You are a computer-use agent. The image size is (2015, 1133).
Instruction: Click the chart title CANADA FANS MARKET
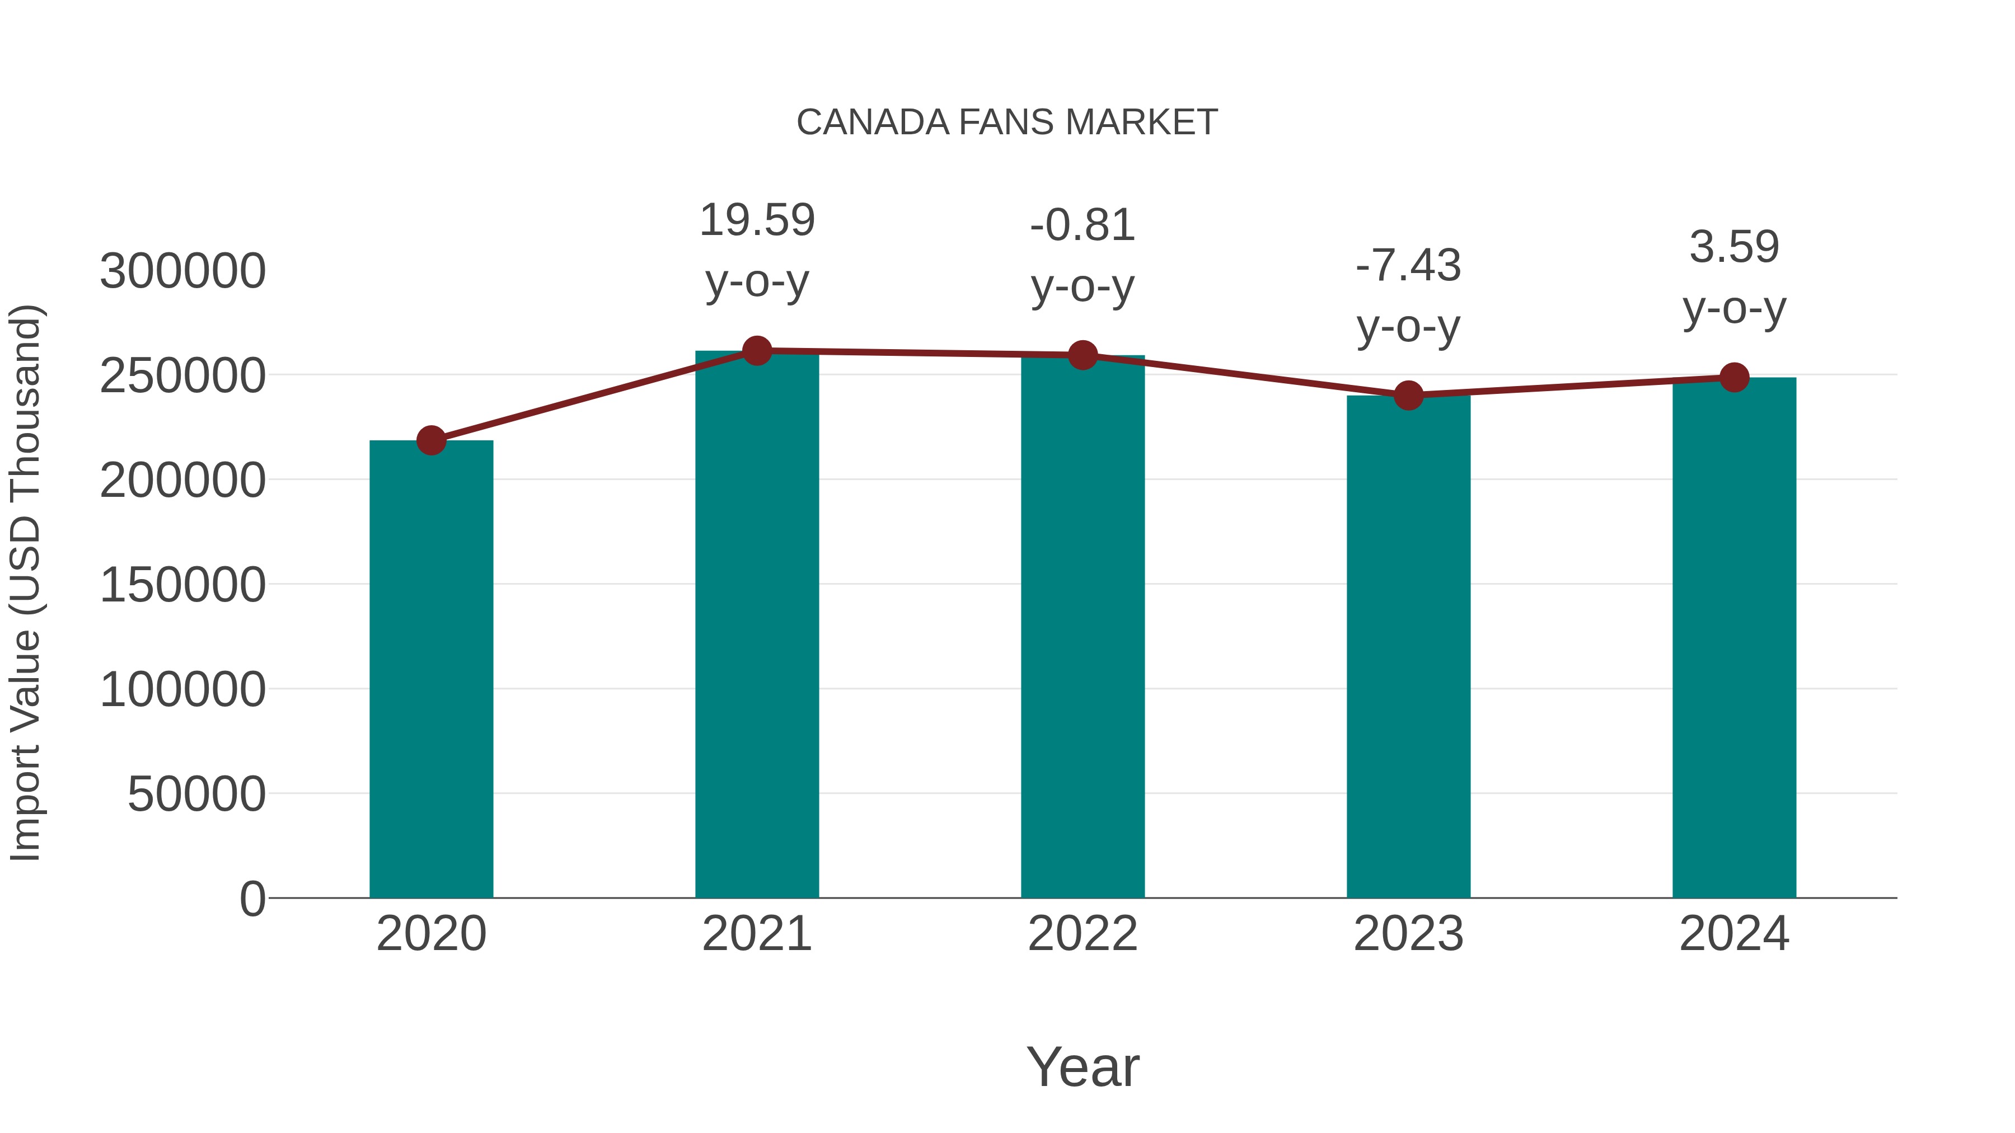[x=1007, y=123]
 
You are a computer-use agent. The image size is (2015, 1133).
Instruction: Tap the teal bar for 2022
[x=1083, y=626]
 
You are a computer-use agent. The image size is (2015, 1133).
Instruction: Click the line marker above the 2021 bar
[x=756, y=351]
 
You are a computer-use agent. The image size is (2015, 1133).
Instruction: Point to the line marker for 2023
[x=1408, y=396]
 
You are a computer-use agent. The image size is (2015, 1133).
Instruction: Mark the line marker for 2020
[x=431, y=440]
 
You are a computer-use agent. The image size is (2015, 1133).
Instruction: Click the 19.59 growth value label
[x=756, y=220]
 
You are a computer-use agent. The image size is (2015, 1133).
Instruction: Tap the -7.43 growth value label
[x=1408, y=265]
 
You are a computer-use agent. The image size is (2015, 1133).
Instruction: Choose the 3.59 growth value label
[x=1734, y=247]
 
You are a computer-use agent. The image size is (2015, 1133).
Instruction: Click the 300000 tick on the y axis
[x=182, y=271]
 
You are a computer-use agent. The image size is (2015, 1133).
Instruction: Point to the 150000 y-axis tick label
[x=182, y=585]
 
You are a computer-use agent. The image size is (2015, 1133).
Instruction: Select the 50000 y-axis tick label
[x=196, y=794]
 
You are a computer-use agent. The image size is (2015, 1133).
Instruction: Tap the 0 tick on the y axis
[x=252, y=899]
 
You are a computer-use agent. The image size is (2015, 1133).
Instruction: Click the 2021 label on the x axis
[x=756, y=934]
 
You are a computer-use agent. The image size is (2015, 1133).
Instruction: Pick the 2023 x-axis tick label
[x=1408, y=934]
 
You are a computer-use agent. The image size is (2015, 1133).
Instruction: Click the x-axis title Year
[x=1083, y=1066]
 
